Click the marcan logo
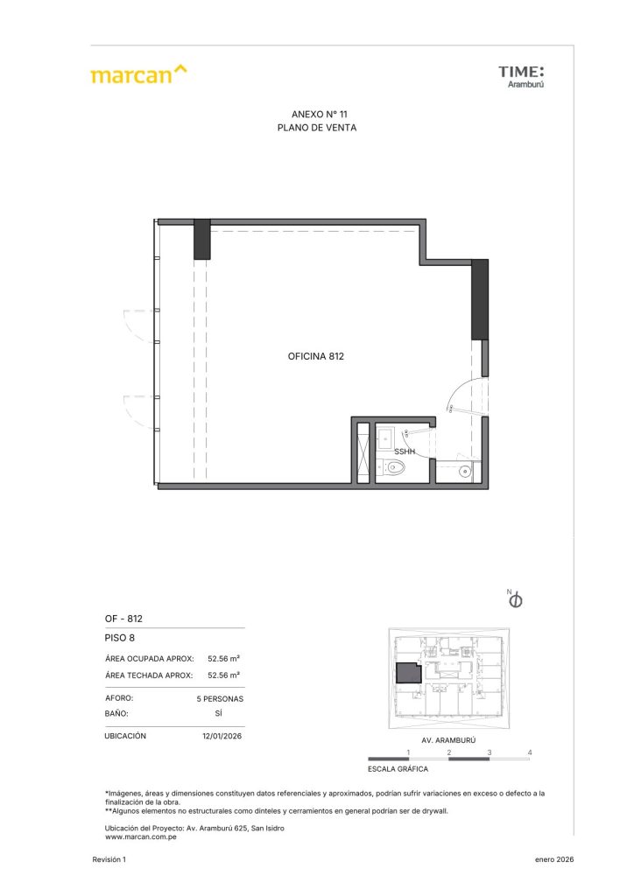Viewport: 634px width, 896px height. point(138,74)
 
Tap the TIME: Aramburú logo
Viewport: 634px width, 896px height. point(521,77)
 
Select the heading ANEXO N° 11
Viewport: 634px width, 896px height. point(319,115)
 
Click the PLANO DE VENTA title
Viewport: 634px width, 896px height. point(317,128)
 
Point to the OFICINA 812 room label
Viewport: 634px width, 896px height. point(315,357)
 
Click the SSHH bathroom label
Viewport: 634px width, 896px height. point(405,451)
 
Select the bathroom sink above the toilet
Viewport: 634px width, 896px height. point(384,439)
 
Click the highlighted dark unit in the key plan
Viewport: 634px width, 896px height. point(409,673)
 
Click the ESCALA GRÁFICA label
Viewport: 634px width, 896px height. point(398,769)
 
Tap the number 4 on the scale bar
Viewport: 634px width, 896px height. point(530,752)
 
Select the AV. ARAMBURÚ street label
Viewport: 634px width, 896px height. point(448,740)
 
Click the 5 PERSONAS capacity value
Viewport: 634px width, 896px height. point(220,699)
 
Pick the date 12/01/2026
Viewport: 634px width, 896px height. point(222,736)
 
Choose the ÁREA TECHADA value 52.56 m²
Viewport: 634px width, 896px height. point(223,675)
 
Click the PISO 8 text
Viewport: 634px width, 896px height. point(119,638)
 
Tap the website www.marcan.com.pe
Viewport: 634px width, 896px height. point(141,837)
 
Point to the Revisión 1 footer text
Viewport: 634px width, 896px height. point(109,859)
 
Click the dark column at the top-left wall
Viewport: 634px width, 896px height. point(201,240)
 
